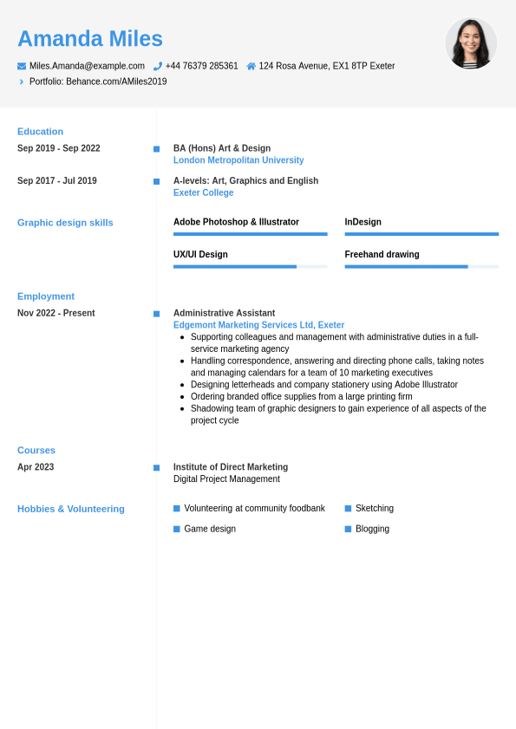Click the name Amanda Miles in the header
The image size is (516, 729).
(x=90, y=39)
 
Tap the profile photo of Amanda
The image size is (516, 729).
(x=471, y=43)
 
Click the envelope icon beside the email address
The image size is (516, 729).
(x=22, y=66)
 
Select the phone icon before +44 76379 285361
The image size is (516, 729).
(x=158, y=66)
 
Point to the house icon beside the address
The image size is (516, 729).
(x=251, y=66)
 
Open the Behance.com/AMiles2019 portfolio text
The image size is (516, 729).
(x=116, y=81)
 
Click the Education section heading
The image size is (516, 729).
(x=40, y=132)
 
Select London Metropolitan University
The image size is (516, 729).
(x=238, y=160)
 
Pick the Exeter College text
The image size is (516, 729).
(x=203, y=192)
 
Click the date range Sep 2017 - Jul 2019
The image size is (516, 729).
(x=57, y=181)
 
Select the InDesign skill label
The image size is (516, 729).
(x=363, y=222)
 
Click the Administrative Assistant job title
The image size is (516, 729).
(x=224, y=313)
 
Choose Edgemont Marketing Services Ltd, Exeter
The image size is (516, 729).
(x=258, y=325)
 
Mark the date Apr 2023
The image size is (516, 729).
(x=36, y=467)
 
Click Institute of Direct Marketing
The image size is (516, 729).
(x=231, y=467)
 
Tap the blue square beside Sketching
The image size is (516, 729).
(x=348, y=509)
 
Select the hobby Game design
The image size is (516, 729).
(x=210, y=529)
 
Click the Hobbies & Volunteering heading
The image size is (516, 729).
(x=71, y=509)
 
